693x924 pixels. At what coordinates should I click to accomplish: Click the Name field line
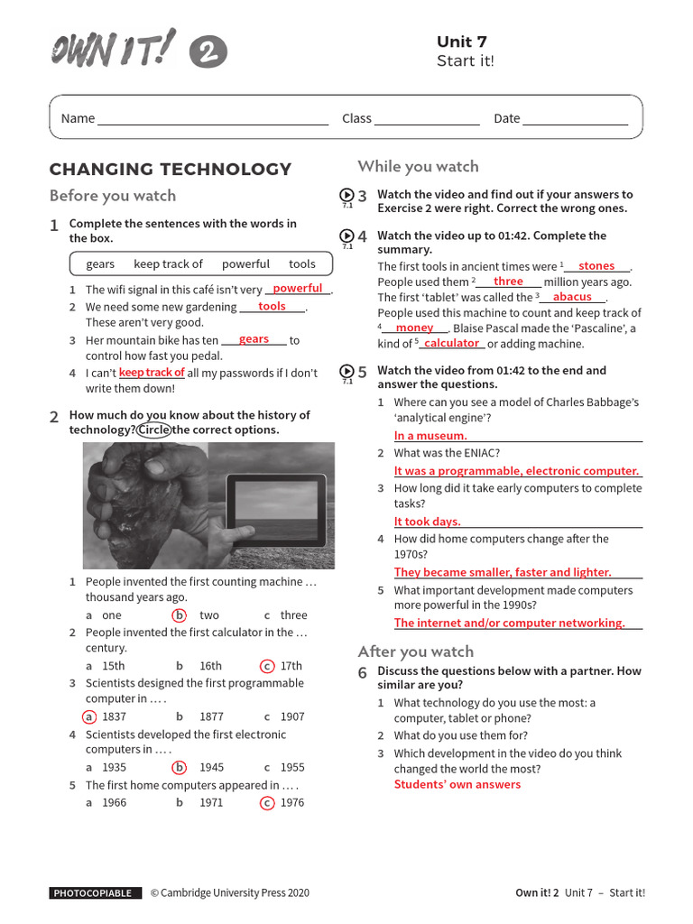pos(213,124)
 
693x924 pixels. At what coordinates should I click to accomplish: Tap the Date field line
pos(574,124)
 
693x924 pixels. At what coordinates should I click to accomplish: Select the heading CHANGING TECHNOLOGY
pos(171,169)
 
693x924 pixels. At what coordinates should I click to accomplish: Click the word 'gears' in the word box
pos(100,263)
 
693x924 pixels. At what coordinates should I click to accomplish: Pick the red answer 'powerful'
pos(297,289)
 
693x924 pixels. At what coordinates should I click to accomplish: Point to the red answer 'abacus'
pos(572,297)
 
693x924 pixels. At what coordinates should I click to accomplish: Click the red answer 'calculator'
pos(451,344)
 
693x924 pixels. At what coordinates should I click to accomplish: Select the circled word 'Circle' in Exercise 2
pos(153,430)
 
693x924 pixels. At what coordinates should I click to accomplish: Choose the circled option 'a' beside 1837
pos(88,716)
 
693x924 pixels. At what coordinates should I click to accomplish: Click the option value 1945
pos(211,767)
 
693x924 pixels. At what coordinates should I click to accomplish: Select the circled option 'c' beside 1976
pos(267,802)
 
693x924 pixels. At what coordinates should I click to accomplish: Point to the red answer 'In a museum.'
pos(430,436)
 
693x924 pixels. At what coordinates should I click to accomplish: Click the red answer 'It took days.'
pos(427,522)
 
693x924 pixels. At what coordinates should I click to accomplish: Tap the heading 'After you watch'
pos(415,651)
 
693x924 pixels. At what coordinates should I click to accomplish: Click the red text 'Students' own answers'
pos(457,784)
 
